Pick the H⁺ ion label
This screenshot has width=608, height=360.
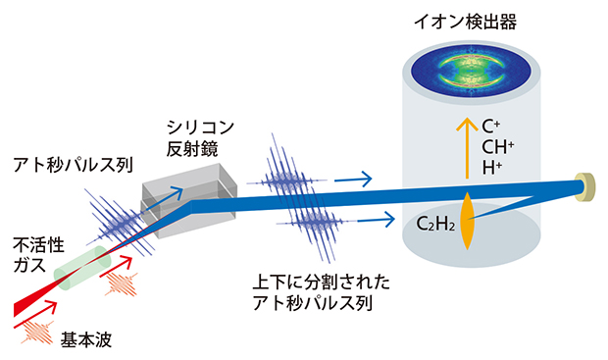[492, 169]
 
